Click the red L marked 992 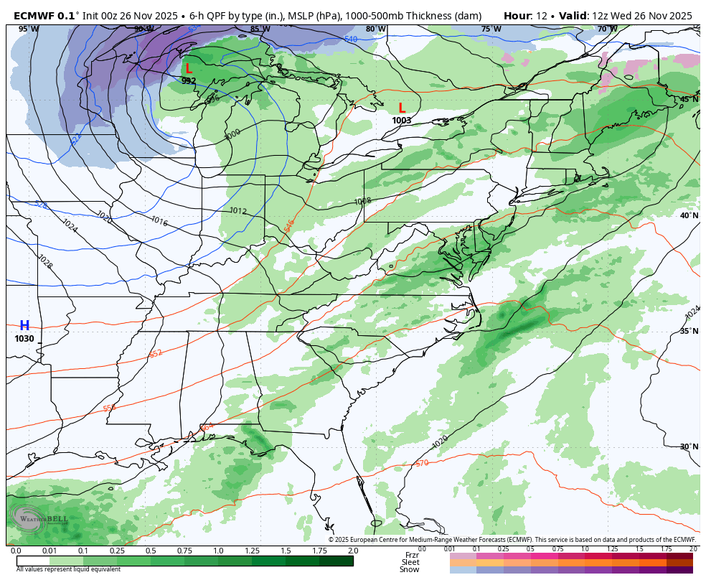coord(189,69)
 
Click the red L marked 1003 coord(402,108)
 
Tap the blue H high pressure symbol coord(24,326)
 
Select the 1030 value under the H coord(24,339)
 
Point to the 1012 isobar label coord(238,211)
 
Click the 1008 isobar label coord(363,202)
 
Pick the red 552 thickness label coord(156,354)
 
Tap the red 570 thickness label coord(422,464)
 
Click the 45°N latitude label coord(689,99)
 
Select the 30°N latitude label coord(689,446)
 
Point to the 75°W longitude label coord(491,29)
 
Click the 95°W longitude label coord(29,29)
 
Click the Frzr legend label coord(412,555)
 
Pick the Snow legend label coord(410,570)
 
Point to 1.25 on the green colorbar coord(252,551)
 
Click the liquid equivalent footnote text coord(68,569)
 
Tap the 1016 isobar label coord(159,222)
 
